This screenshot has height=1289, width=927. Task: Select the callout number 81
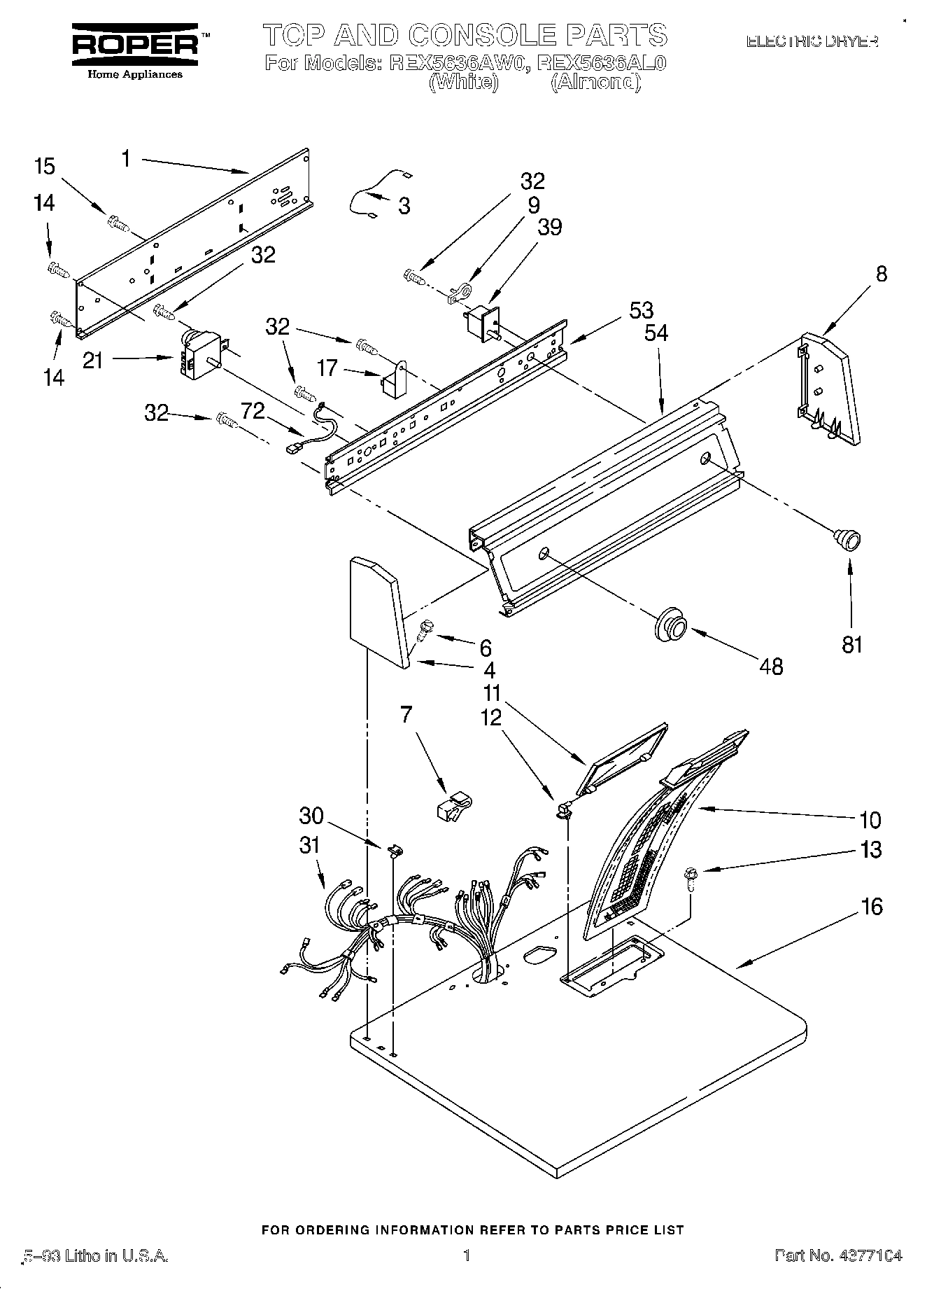851,644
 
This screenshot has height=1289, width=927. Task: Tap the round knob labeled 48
670,624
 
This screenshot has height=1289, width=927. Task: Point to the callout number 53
641,310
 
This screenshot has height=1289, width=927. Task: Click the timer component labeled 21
201,354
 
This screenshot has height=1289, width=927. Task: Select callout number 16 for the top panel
871,907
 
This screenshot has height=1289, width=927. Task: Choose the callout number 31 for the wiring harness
309,846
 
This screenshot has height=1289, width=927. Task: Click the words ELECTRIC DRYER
811,42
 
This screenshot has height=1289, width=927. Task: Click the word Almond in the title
595,83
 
